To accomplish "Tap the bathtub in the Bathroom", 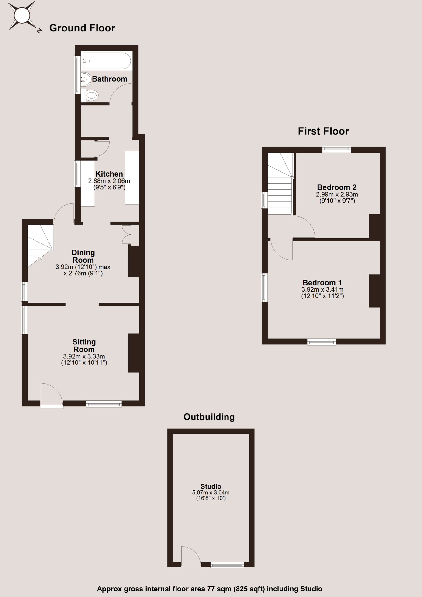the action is [107, 61].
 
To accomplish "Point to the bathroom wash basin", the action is [86, 79].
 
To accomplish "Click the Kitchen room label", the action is [109, 174].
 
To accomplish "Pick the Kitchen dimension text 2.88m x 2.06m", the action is [109, 181].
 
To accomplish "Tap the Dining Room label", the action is [83, 256].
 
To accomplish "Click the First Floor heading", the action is [323, 131].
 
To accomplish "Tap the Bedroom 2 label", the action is [337, 187].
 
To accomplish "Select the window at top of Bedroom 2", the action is [336, 149].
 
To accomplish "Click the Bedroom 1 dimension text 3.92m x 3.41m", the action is [322, 289].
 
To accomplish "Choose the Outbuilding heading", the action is [209, 417].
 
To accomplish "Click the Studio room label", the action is [211, 486].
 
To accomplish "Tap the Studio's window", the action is [227, 565].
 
